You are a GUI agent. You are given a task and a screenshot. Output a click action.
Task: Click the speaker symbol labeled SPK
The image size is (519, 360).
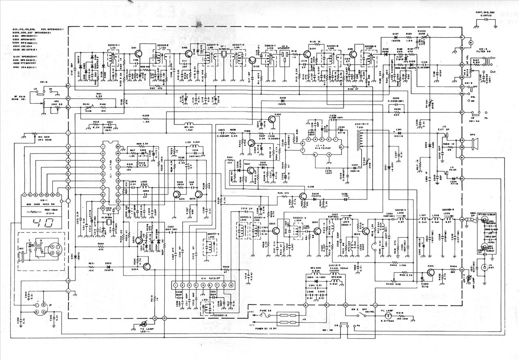tap(473, 144)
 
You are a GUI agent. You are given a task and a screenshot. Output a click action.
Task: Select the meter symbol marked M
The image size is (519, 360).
tap(470, 42)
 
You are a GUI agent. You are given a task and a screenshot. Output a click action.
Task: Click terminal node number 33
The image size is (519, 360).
tap(68, 86)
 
